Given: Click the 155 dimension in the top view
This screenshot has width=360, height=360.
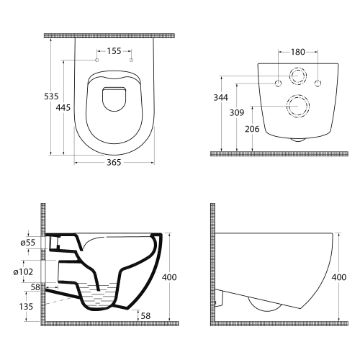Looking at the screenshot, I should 114,51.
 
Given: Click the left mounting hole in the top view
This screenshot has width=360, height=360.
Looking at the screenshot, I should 98,60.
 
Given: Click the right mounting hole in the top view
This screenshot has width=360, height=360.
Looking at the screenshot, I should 131,60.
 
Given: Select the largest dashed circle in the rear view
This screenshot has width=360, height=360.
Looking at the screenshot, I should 297,106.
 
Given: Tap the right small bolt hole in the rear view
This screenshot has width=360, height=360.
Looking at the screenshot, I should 317,84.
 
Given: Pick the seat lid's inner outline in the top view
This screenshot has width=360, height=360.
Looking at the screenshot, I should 114,99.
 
